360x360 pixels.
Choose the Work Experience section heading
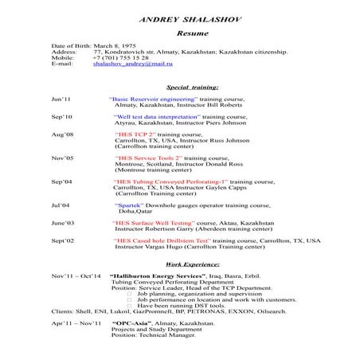(x=191, y=263)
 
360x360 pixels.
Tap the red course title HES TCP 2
(x=135, y=135)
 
